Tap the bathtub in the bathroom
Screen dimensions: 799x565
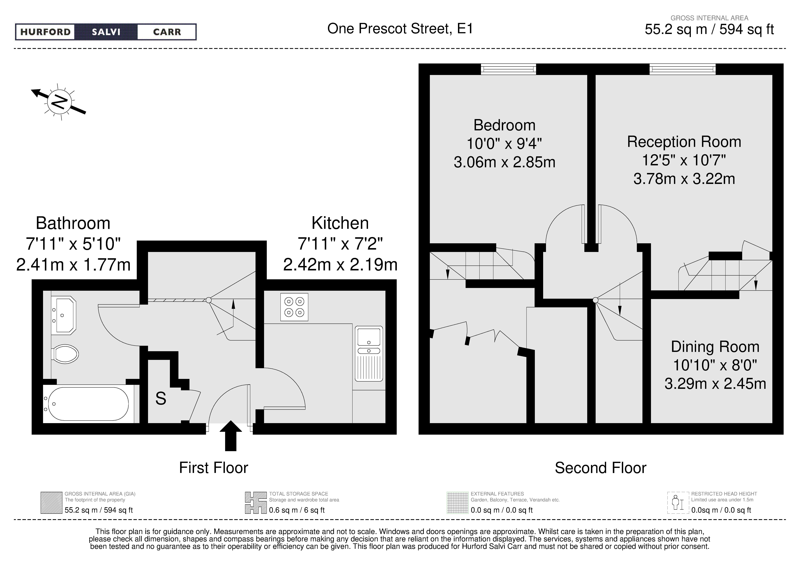click(x=88, y=404)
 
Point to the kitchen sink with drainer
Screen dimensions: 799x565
click(x=369, y=354)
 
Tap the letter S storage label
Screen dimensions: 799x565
click(x=161, y=399)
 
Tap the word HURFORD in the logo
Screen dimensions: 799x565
click(x=45, y=32)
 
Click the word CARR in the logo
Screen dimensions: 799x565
click(x=167, y=32)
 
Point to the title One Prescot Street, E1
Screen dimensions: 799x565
click(x=400, y=29)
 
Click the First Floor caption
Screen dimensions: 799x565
click(x=213, y=468)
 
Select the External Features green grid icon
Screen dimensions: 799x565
click(x=458, y=503)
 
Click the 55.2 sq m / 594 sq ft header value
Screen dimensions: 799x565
click(x=709, y=29)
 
